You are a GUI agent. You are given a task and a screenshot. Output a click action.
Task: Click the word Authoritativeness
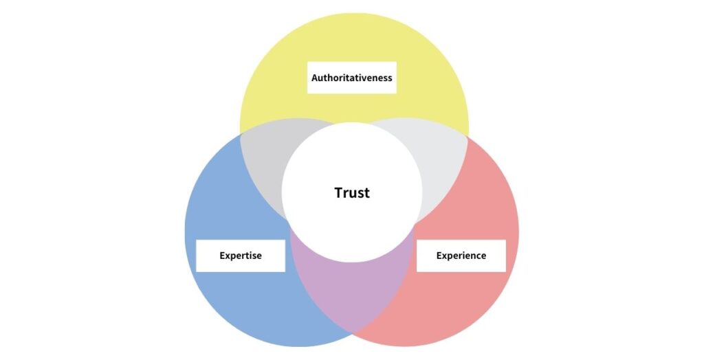point(351,78)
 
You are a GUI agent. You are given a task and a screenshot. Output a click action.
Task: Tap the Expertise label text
point(241,256)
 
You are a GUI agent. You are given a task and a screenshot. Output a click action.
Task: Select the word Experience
point(461,256)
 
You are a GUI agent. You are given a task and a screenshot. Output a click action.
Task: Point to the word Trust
point(352,192)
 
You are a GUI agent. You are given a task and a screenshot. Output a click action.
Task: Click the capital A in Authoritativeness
point(315,78)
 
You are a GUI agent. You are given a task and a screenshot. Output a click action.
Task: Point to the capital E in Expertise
point(222,256)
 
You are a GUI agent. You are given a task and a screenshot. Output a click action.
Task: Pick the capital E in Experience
point(439,256)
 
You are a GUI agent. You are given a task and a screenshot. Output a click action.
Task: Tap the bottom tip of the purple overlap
point(353,336)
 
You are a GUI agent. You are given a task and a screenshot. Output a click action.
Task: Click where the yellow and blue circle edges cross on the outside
point(241,134)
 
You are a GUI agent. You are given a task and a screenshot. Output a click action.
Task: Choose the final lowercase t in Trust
point(367,193)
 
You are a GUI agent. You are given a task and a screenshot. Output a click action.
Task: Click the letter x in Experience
point(445,256)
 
